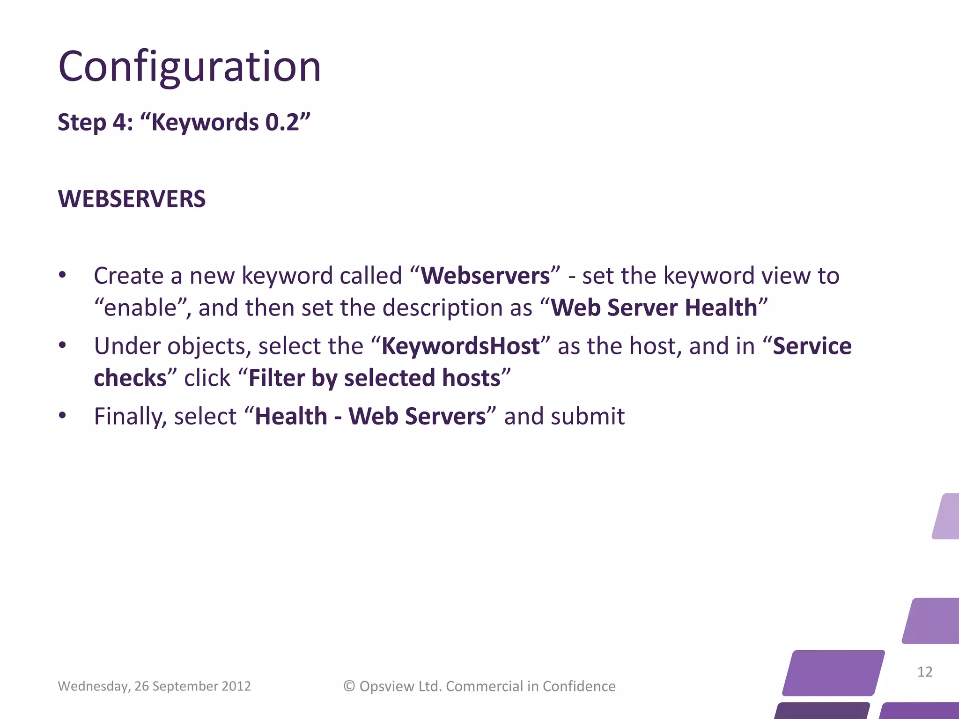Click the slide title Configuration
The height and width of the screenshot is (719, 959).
(190, 66)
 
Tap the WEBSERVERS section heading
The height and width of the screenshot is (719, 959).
(132, 199)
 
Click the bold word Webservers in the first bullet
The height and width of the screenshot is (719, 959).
(485, 276)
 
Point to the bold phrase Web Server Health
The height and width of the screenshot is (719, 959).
(654, 308)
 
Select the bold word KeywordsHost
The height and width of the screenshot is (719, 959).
(460, 346)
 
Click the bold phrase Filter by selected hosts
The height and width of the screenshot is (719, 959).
(374, 378)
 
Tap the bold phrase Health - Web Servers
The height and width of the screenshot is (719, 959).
(370, 417)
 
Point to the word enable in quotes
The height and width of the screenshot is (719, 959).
(140, 308)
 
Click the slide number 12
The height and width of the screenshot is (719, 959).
(924, 672)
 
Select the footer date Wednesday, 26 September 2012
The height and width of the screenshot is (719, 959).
(154, 686)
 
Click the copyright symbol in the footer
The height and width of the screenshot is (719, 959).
(349, 686)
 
